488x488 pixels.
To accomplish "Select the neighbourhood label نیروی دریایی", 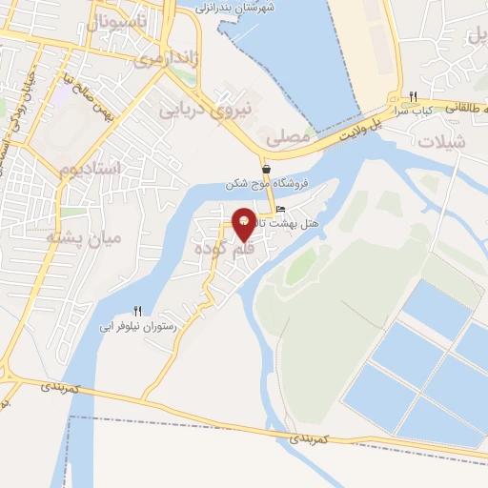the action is click(x=216, y=109).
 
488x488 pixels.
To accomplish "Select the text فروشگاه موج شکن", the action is click(x=257, y=183).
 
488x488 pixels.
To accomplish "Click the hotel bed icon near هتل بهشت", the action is click(x=279, y=209).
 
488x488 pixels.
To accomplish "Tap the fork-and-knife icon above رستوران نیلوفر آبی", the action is click(x=137, y=312).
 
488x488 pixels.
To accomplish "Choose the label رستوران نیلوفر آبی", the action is click(x=137, y=326).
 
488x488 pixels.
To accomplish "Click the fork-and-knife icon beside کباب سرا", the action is click(x=413, y=97).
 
